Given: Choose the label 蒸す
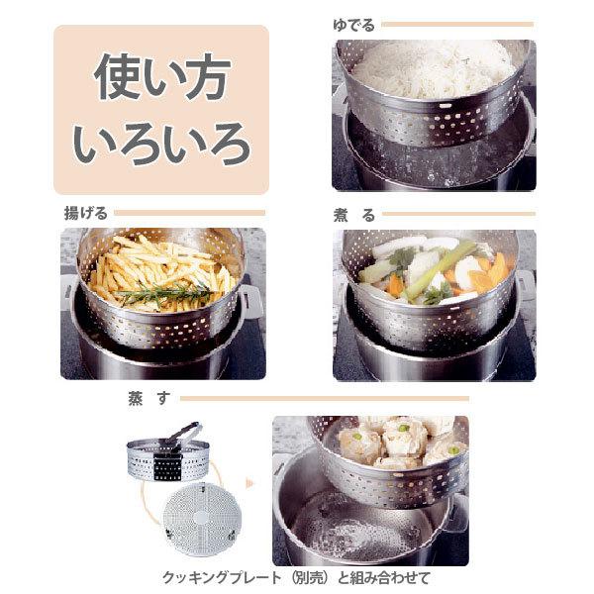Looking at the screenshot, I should (x=143, y=398).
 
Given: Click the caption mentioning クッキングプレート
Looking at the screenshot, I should (x=297, y=577).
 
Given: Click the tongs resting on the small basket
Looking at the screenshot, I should (x=178, y=436).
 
